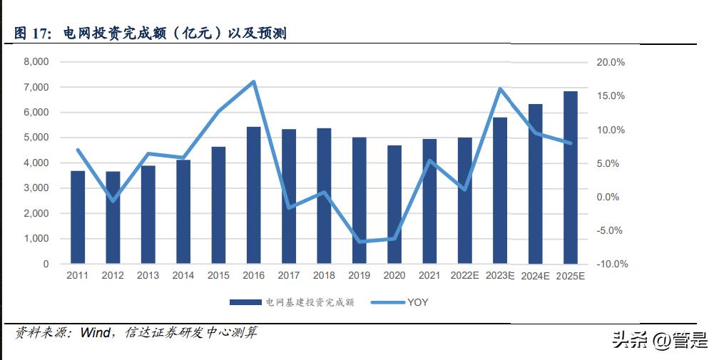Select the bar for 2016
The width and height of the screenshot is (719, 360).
click(254, 195)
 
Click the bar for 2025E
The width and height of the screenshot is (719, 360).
click(571, 178)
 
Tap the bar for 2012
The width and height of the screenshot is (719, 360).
click(113, 217)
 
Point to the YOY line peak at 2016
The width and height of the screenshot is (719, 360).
click(254, 82)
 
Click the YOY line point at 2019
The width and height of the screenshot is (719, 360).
click(359, 242)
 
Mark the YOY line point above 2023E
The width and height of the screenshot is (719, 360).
click(500, 89)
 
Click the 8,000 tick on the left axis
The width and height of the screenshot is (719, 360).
click(36, 62)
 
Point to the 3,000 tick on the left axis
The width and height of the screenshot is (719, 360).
click(36, 188)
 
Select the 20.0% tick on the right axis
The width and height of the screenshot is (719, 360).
click(611, 62)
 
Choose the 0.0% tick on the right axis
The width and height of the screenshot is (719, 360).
click(612, 197)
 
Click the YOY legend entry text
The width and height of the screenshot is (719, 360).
click(418, 302)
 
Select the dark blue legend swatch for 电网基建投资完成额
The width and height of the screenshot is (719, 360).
click(245, 302)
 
